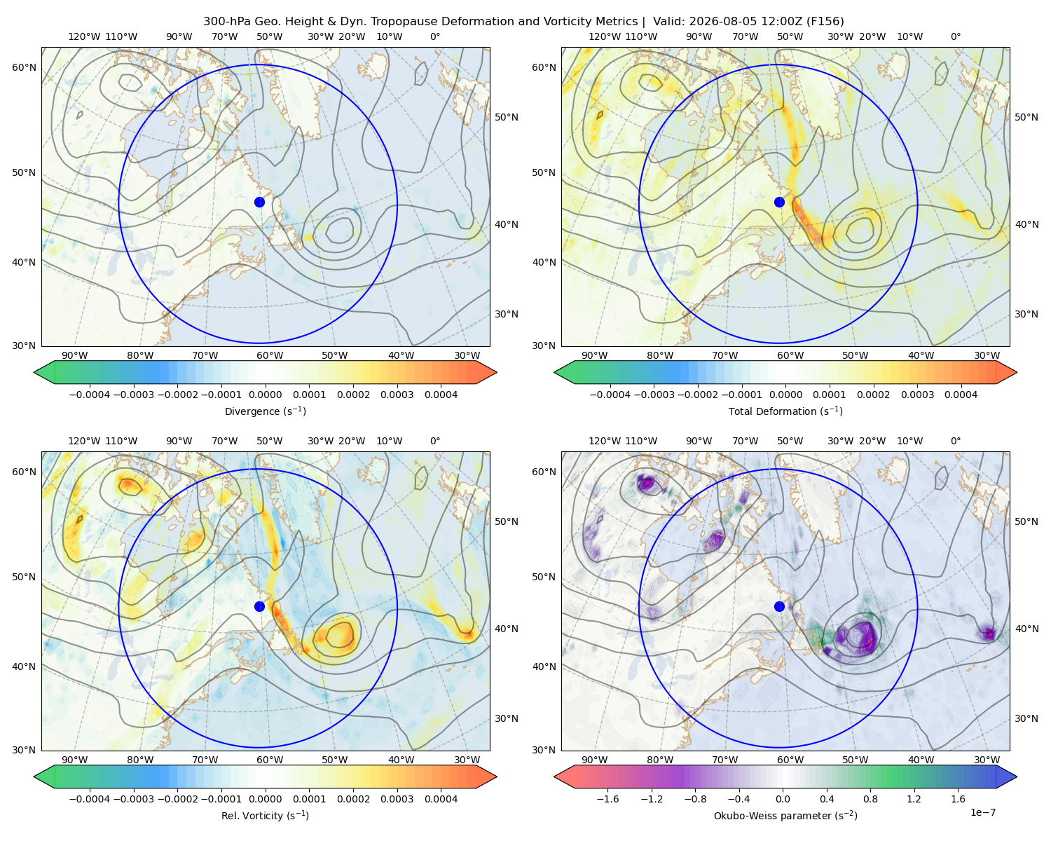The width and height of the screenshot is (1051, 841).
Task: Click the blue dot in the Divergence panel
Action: pyautogui.click(x=259, y=203)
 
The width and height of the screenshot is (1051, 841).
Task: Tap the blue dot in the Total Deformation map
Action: pyautogui.click(x=779, y=203)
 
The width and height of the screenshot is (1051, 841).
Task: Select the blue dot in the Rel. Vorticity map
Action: pyautogui.click(x=259, y=606)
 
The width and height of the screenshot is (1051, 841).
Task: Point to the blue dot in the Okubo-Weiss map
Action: pyautogui.click(x=779, y=606)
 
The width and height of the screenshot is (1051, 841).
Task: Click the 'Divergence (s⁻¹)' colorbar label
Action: pyautogui.click(x=265, y=411)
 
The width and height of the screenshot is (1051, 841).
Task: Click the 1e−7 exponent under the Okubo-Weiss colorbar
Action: pyautogui.click(x=982, y=813)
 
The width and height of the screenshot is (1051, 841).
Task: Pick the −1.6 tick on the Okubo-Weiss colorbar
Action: pyautogui.click(x=607, y=799)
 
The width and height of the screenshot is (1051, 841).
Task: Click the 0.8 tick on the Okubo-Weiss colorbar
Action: pyautogui.click(x=870, y=799)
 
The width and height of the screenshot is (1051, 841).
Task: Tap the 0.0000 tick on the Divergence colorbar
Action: pyautogui.click(x=265, y=395)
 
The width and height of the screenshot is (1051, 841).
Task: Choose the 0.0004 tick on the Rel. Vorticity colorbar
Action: pyautogui.click(x=441, y=799)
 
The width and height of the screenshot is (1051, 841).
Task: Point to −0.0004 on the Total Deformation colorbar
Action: pyautogui.click(x=610, y=395)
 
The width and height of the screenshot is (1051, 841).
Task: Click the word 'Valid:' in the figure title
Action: pyautogui.click(x=668, y=22)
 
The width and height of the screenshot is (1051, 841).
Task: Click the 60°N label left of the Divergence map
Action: pyautogui.click(x=24, y=67)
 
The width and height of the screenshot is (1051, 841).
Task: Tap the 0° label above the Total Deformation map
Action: pyautogui.click(x=955, y=36)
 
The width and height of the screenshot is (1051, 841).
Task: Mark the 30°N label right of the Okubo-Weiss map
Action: pyautogui.click(x=1026, y=718)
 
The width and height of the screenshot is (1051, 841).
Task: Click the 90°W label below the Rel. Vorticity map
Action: pyautogui.click(x=75, y=760)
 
